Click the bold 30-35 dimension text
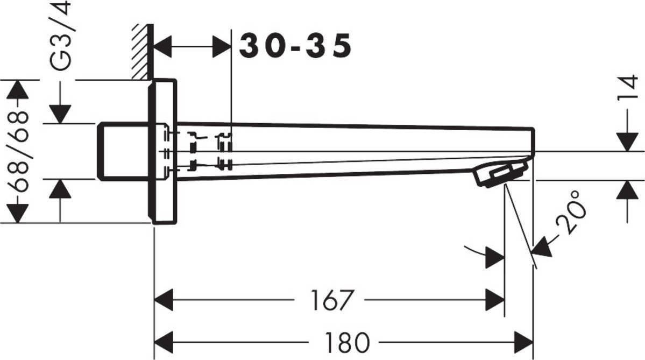(x=295, y=45)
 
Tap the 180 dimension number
(x=347, y=342)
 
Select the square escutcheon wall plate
(x=162, y=151)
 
